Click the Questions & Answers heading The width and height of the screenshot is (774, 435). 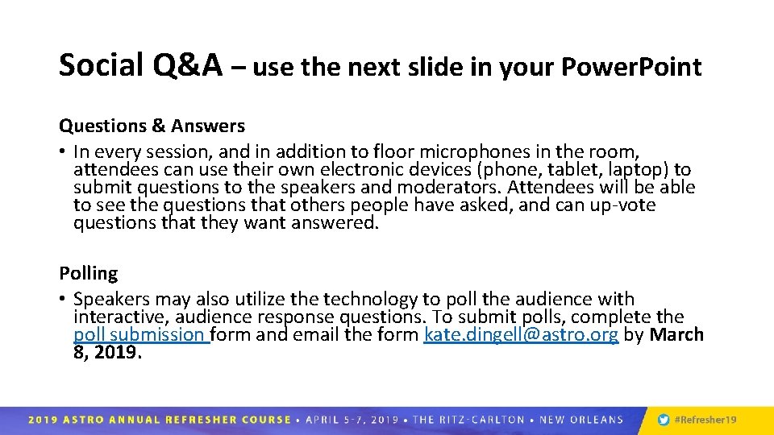[x=152, y=126]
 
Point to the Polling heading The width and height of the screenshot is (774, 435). [x=88, y=274]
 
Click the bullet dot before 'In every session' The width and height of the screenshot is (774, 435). [x=63, y=152]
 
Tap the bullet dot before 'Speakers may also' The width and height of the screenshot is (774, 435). [x=63, y=300]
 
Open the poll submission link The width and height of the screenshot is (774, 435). [x=141, y=334]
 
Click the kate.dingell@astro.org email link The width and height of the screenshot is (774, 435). [x=521, y=334]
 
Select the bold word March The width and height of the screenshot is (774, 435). [x=676, y=334]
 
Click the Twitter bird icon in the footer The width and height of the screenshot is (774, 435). [x=663, y=420]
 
